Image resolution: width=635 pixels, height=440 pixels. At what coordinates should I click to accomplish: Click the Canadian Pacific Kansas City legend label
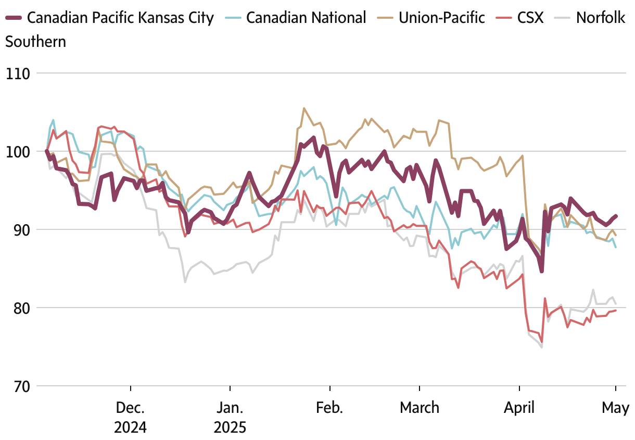click(x=120, y=18)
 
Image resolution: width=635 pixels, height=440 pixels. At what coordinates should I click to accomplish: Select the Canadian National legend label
click(x=306, y=18)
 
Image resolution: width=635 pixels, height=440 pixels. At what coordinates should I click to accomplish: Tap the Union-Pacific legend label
click(x=442, y=18)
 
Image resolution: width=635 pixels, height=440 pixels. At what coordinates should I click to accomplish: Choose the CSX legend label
click(x=530, y=18)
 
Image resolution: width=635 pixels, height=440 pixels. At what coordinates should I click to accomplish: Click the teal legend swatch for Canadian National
click(x=233, y=18)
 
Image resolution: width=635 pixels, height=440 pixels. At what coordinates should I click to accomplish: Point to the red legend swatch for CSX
click(x=505, y=18)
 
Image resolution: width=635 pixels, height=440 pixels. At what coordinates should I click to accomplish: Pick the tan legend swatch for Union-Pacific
click(x=386, y=18)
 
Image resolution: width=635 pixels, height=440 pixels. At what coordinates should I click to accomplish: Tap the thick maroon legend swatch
click(x=14, y=18)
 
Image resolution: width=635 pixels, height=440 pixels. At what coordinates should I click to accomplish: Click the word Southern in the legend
click(x=36, y=41)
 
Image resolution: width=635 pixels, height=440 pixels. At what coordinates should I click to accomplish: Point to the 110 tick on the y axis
click(x=17, y=74)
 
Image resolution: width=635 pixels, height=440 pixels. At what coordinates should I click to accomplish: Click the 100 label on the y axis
click(x=17, y=152)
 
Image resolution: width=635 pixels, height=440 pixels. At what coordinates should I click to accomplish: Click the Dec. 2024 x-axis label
click(x=131, y=417)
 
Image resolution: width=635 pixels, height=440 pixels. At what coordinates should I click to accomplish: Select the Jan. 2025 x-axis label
click(x=230, y=417)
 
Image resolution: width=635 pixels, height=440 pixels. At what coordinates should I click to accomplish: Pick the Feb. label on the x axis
click(x=329, y=408)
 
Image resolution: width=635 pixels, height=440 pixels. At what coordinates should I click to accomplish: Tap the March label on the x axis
click(x=420, y=408)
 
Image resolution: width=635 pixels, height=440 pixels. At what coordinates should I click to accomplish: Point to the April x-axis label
click(x=519, y=408)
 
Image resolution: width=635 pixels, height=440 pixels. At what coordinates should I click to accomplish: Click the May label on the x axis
click(x=616, y=408)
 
